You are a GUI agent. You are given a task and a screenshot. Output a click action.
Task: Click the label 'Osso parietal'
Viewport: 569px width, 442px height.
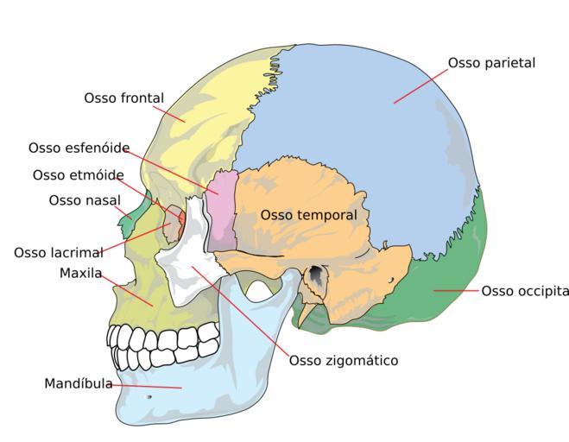491,63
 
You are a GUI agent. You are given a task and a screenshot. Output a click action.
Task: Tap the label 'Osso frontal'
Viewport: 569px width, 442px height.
123,98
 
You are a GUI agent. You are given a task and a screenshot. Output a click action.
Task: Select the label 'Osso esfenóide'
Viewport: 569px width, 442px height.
79,148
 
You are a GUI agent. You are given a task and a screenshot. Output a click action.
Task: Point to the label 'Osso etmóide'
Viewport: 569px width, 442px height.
79,175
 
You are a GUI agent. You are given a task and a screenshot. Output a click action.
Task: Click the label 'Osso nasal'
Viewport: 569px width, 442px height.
84,201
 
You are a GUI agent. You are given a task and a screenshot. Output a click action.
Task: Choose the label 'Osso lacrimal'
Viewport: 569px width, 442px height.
59,253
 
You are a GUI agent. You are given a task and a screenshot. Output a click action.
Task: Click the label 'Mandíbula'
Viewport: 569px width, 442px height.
79,383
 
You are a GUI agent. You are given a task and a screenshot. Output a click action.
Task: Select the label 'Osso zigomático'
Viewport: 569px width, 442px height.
344,360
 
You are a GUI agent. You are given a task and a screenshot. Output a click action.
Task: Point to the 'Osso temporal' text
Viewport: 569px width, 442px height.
308,215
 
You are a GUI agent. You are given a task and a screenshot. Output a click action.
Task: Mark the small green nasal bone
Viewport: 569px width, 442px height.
130,220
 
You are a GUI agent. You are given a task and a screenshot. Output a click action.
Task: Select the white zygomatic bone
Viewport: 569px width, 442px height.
192,259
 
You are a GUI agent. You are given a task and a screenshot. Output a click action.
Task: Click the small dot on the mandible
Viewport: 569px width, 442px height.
149,397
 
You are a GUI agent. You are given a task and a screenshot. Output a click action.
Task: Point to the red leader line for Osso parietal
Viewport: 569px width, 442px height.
420,84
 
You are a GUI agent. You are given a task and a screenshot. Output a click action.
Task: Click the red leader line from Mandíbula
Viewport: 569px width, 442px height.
147,386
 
